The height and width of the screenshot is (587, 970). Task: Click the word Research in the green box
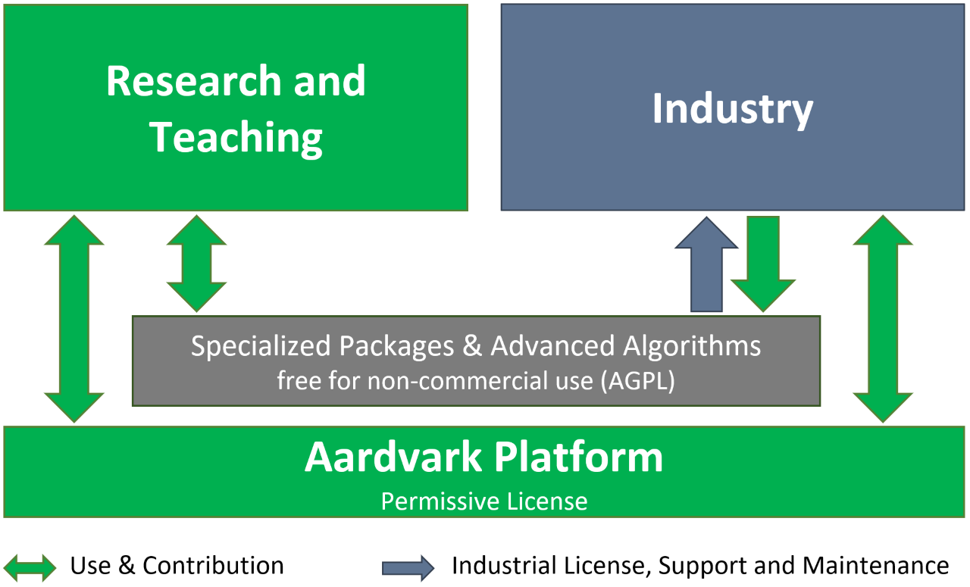(x=194, y=80)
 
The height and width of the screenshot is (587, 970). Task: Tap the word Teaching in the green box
(x=236, y=139)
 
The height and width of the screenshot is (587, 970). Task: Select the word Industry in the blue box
(x=733, y=111)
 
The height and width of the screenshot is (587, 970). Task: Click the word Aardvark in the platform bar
(x=393, y=457)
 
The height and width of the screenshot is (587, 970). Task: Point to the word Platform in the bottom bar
(x=578, y=457)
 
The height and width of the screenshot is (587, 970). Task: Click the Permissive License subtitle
(x=484, y=501)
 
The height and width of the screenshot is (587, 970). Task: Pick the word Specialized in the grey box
(x=261, y=346)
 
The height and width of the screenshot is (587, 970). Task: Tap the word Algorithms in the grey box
(x=692, y=346)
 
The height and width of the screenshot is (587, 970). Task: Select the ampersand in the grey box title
(x=472, y=346)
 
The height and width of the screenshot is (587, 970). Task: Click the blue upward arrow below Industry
(x=706, y=264)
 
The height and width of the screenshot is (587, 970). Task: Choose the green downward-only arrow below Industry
(x=763, y=264)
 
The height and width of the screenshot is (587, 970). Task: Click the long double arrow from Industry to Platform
(x=883, y=319)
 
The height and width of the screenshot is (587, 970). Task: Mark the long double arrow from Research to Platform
(x=74, y=319)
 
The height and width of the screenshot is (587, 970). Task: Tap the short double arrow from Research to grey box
(x=196, y=264)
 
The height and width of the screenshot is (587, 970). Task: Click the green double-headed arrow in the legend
(x=30, y=567)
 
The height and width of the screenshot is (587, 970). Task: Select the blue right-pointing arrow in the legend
(x=408, y=568)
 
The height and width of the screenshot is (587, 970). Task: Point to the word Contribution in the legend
(x=214, y=566)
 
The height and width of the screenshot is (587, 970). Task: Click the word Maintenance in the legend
(x=875, y=566)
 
